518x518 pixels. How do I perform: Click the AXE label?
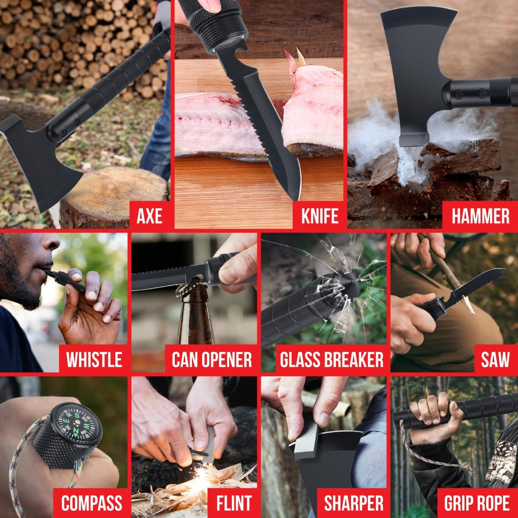tap(149, 215)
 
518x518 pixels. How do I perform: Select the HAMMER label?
tap(480, 215)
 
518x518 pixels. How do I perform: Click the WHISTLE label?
tap(94, 359)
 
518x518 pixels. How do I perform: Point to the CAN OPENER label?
tap(212, 359)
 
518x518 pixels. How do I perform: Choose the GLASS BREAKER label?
tap(332, 359)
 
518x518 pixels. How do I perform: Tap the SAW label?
tap(495, 359)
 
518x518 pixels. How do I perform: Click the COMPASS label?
tap(92, 503)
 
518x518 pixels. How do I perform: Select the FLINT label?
tap(234, 503)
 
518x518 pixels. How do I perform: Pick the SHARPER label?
tap(353, 503)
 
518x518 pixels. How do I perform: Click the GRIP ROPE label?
tap(477, 503)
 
